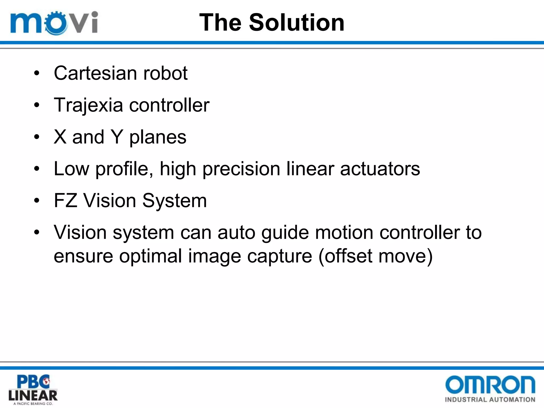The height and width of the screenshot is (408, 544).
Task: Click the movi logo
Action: (x=54, y=23)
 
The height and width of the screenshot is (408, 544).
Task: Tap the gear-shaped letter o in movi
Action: (x=56, y=23)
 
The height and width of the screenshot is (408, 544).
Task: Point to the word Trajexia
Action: (x=88, y=105)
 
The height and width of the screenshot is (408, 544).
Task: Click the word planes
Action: (x=158, y=138)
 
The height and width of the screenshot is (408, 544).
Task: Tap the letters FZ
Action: (x=66, y=201)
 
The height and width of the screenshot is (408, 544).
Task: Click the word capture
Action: (x=279, y=257)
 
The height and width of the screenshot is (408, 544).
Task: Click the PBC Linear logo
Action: (x=33, y=389)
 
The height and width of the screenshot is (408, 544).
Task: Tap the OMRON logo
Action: (x=490, y=384)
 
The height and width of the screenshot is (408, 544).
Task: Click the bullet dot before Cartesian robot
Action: (x=37, y=73)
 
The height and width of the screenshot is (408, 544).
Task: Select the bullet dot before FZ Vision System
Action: (x=37, y=201)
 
